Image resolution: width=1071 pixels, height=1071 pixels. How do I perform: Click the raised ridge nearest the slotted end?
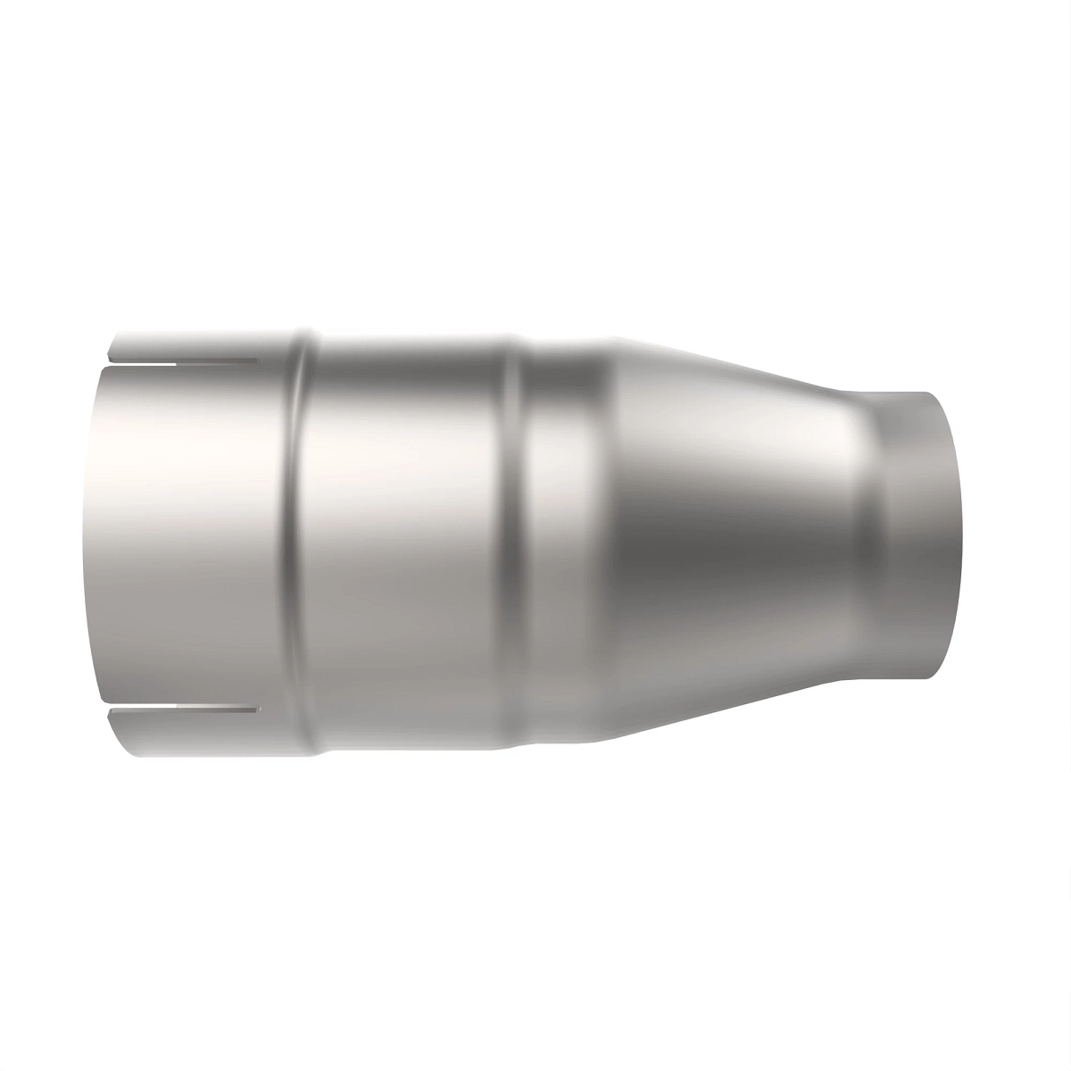tap(302, 535)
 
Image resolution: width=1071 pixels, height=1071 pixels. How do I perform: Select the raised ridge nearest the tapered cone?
tap(516, 535)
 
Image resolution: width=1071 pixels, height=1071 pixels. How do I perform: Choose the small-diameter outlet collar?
tap(901, 535)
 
